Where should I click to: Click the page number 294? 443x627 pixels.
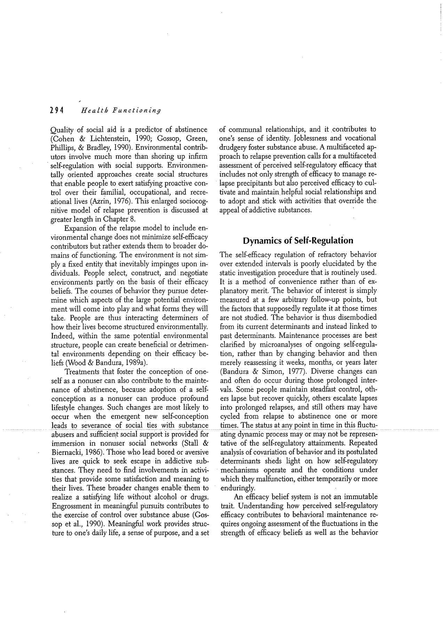coord(55,110)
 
